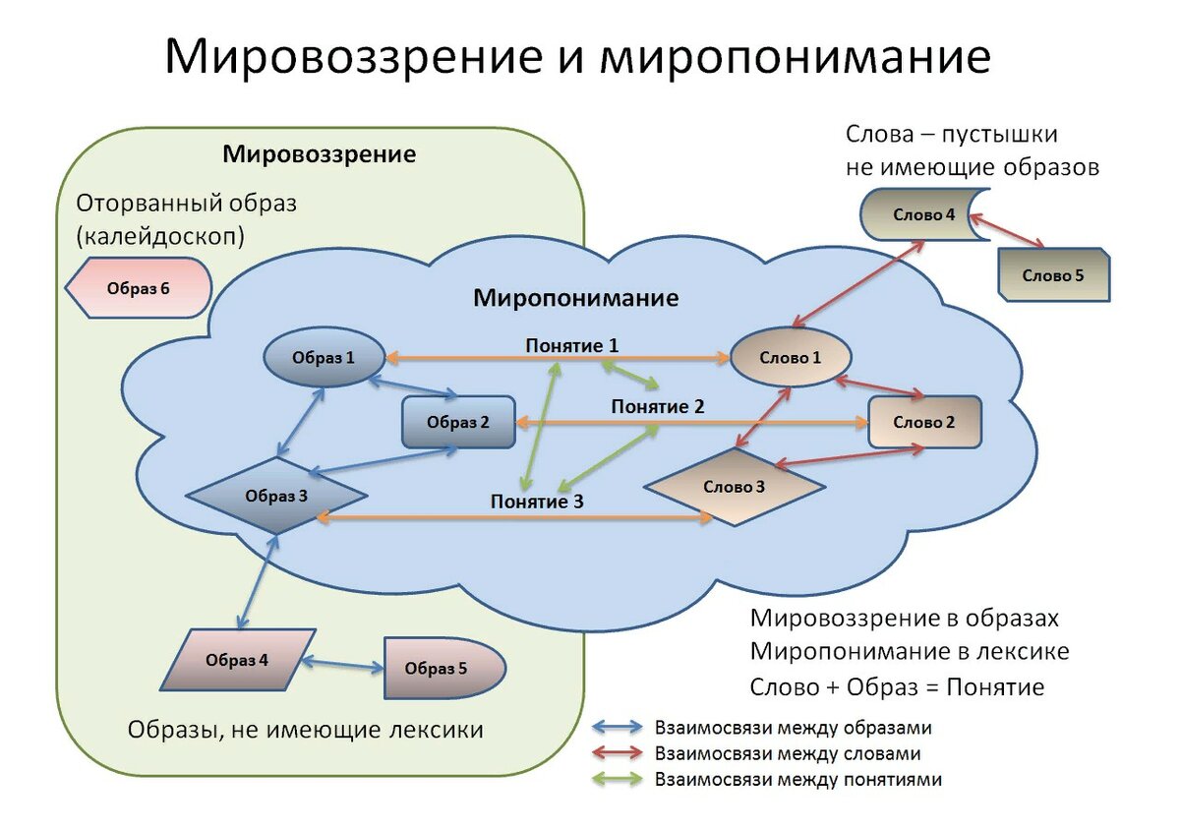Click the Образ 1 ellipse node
323,358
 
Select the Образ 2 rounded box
458,423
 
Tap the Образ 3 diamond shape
276,496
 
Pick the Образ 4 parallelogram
237,660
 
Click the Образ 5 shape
442,668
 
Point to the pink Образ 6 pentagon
138,288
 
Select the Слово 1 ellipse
790,358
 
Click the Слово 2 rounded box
923,422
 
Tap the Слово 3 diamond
734,486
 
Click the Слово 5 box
1053,275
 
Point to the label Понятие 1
571,345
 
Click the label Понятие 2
658,406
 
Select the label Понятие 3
537,502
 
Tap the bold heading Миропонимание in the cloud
576,297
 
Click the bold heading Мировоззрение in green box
319,154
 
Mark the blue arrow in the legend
616,729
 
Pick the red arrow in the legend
616,754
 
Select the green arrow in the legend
616,780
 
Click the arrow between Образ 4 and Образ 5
343,666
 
